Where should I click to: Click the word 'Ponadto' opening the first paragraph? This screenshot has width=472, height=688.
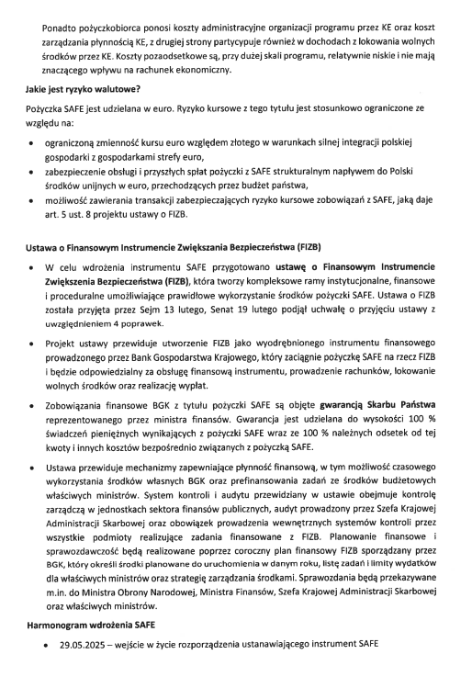click(59, 14)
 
